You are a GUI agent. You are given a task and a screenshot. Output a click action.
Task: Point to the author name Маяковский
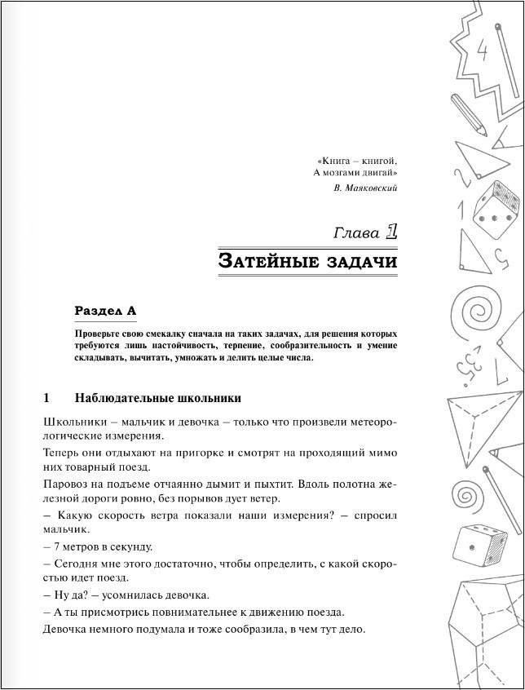(x=372, y=188)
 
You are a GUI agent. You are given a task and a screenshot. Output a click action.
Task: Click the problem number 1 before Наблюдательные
(x=46, y=398)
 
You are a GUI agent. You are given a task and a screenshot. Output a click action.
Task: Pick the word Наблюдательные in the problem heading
(x=121, y=398)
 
